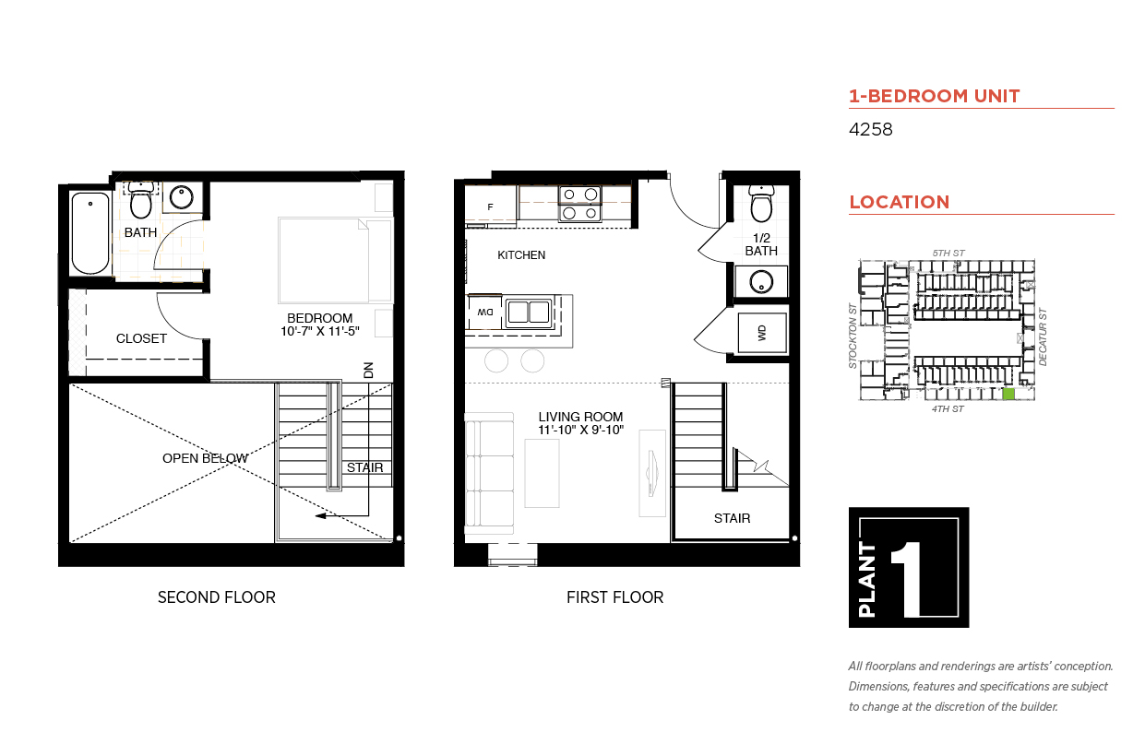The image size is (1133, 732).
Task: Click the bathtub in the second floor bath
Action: [x=90, y=232]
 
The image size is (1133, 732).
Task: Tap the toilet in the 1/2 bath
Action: [x=761, y=205]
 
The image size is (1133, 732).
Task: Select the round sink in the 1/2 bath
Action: [x=761, y=281]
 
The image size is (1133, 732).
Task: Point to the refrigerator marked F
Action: [x=490, y=206]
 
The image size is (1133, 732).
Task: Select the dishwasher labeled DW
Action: [x=484, y=312]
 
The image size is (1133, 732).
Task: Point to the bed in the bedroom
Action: [x=323, y=260]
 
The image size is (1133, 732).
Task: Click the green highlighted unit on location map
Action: [x=1008, y=394]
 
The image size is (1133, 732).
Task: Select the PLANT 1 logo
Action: [x=908, y=567]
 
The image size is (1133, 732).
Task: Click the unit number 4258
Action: [x=870, y=130]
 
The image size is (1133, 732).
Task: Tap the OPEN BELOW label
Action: [x=205, y=458]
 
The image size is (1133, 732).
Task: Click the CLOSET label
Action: [x=141, y=338]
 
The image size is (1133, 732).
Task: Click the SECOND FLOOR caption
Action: [x=216, y=597]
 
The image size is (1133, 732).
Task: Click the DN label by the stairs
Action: [x=368, y=370]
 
